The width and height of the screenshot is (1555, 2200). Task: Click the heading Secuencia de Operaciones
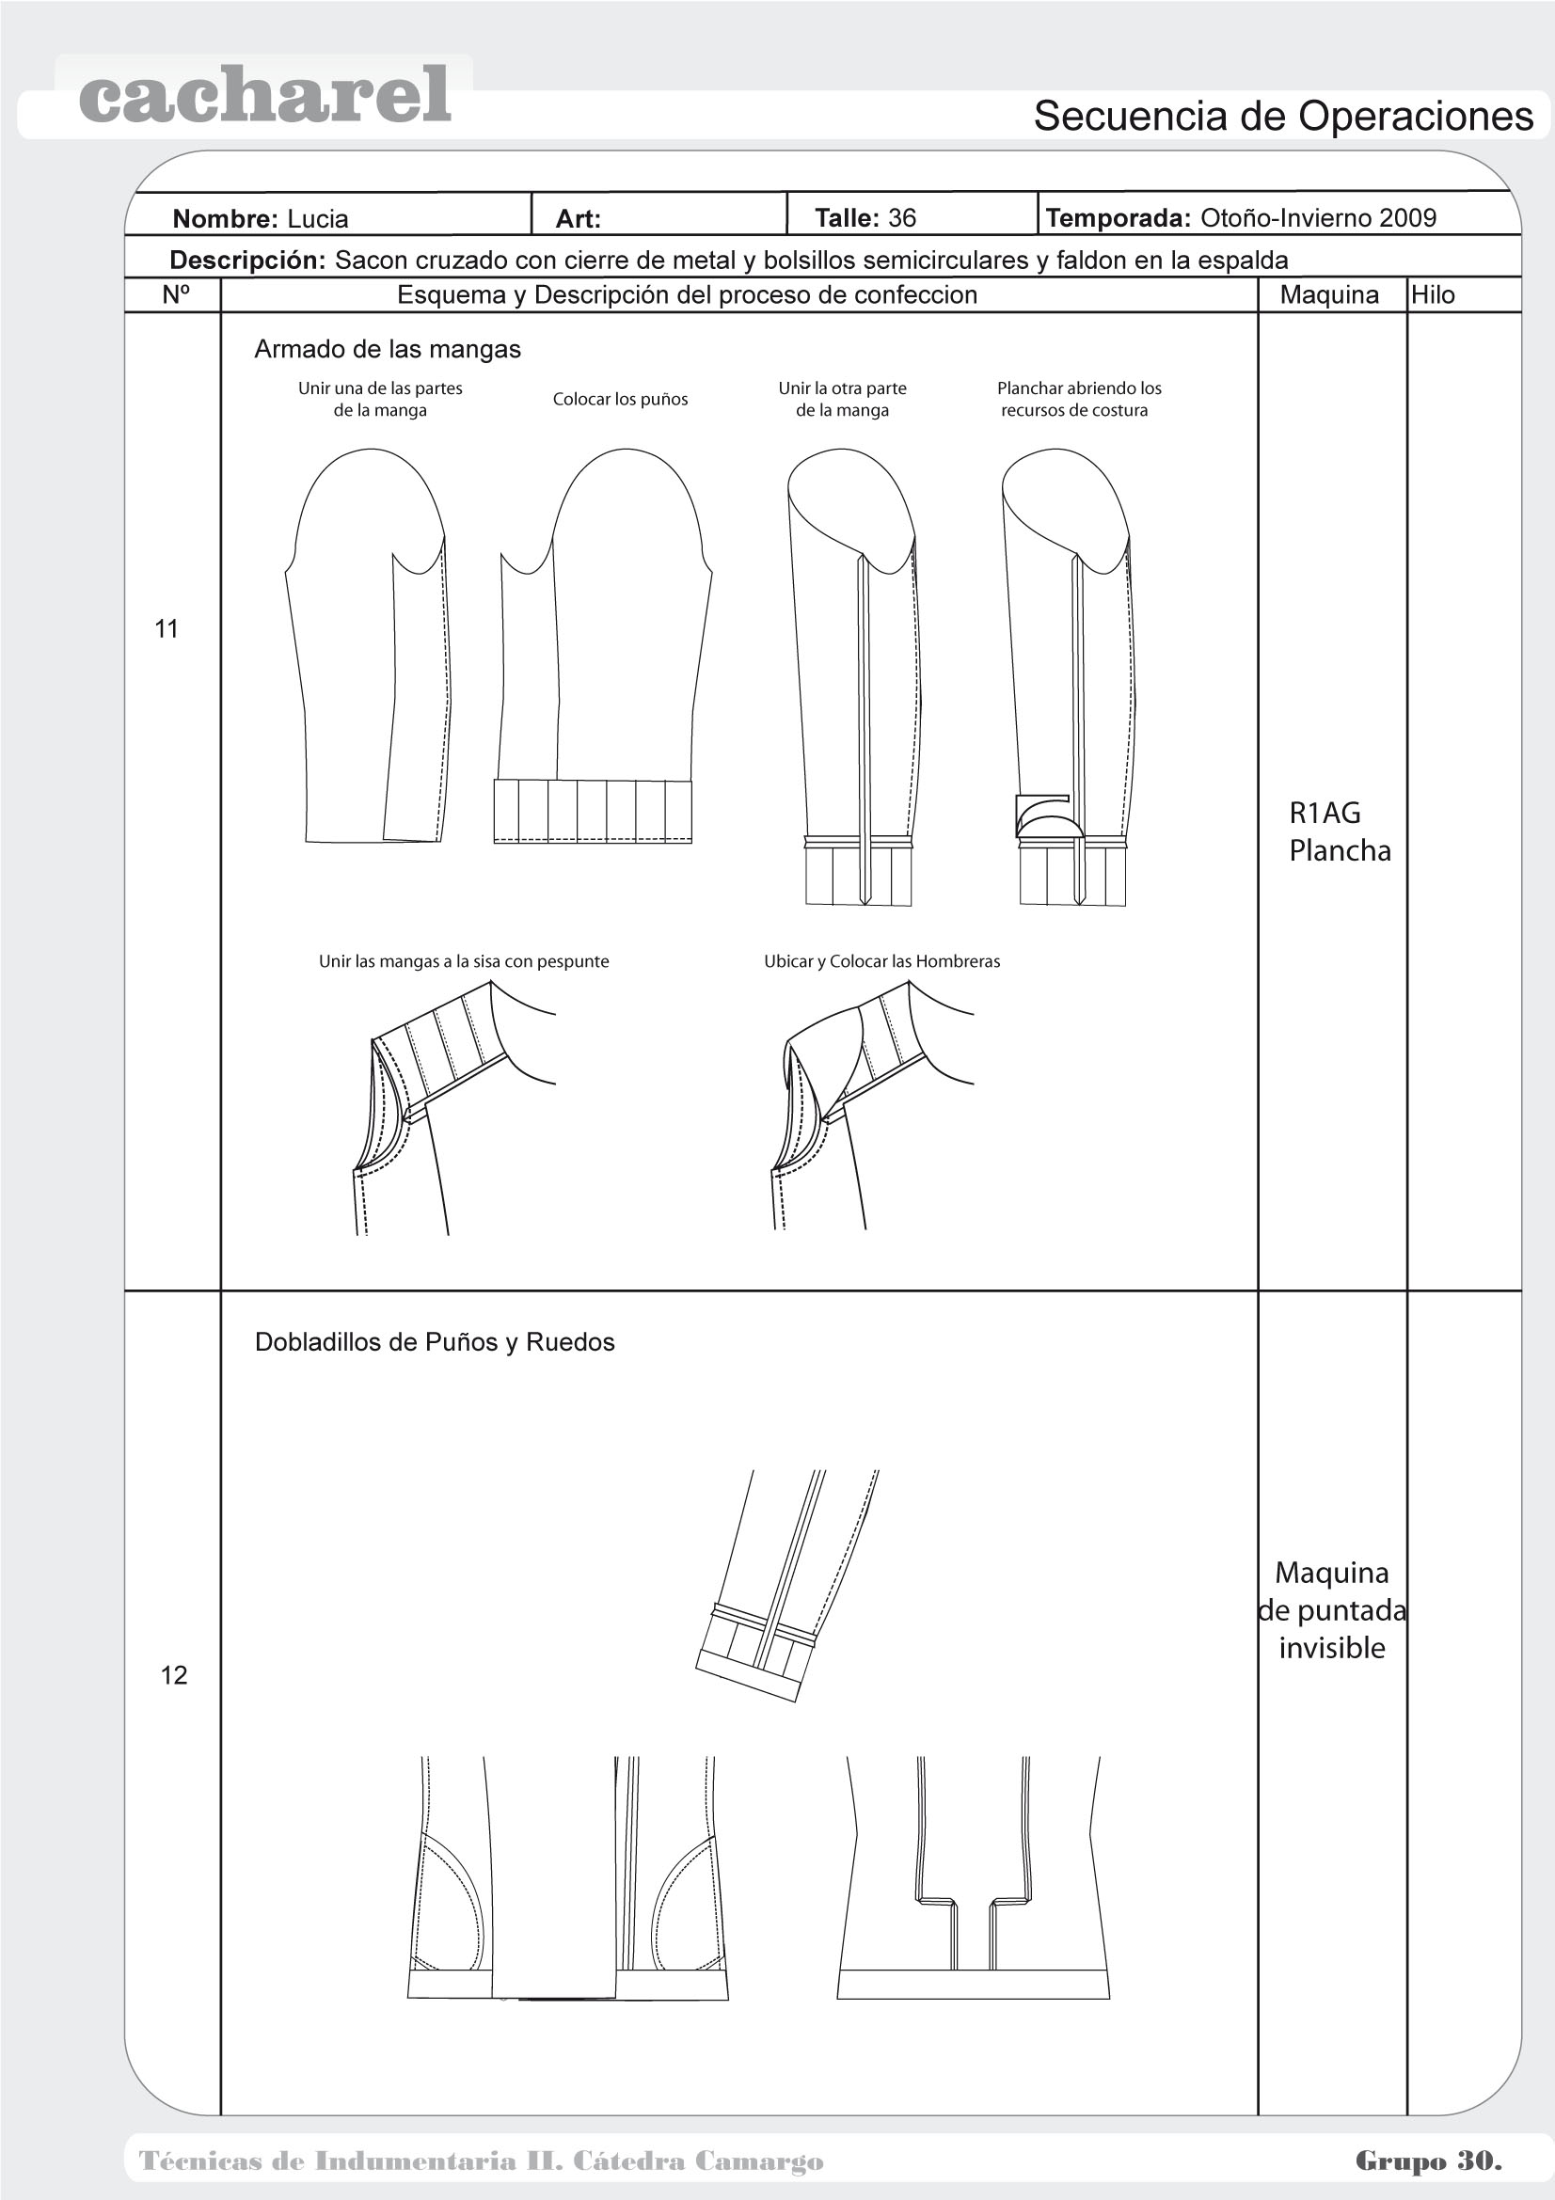1283,117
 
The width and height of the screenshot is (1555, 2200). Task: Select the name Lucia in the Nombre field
317,219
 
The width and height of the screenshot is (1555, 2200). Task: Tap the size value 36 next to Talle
901,218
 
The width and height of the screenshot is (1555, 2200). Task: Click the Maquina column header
1329,295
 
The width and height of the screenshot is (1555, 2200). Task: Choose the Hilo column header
1433,295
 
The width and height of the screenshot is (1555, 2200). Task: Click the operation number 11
167,628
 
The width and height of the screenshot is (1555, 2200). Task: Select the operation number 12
173,1675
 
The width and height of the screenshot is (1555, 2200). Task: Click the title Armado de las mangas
387,350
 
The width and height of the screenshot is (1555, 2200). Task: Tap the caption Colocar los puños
620,400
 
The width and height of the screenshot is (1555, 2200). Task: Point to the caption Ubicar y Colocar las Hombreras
881,961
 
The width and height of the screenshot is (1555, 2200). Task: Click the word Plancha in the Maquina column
1340,851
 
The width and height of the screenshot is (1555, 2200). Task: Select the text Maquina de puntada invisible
1332,1610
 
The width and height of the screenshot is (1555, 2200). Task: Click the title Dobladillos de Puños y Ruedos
434,1342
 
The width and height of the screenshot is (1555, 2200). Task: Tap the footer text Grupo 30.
1428,2160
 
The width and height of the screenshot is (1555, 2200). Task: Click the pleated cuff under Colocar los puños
592,811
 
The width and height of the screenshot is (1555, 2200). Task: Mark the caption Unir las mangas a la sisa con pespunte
464,961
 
